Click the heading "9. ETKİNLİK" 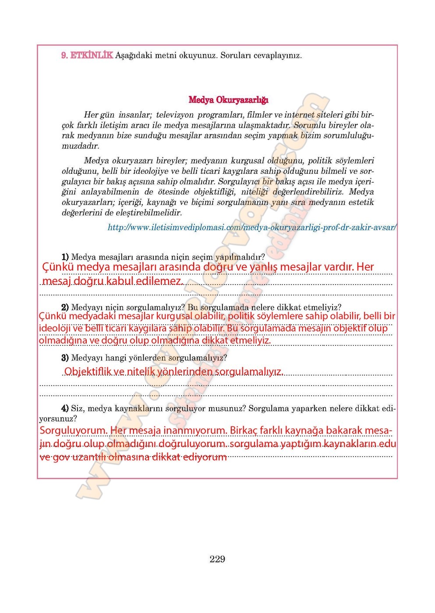click(x=87, y=56)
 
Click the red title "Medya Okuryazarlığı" click(x=228, y=100)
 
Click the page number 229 click(x=217, y=559)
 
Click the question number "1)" click(x=65, y=257)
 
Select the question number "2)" click(x=65, y=307)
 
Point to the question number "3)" click(x=65, y=358)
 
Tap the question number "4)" click(x=65, y=409)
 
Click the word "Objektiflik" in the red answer click(x=87, y=372)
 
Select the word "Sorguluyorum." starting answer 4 click(x=73, y=431)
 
